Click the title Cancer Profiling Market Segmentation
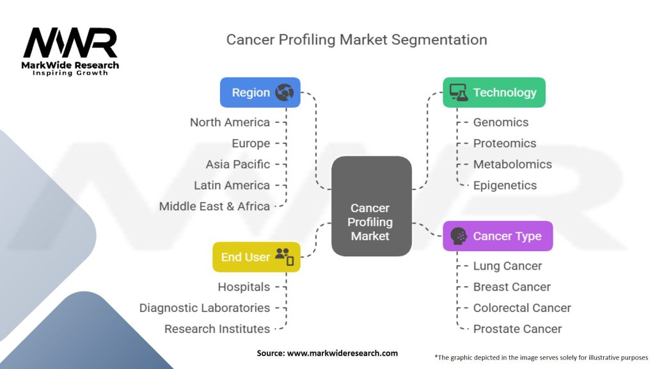356,40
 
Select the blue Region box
260,92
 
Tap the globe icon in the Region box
284,92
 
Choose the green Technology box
494,92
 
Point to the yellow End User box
256,257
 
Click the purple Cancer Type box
497,236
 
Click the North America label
230,122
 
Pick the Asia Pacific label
238,164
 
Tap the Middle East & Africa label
214,206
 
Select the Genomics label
501,122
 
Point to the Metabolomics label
512,164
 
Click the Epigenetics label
505,185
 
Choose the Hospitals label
244,286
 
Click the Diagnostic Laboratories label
205,307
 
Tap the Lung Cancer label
507,265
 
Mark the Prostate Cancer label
517,329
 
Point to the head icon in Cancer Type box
458,236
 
